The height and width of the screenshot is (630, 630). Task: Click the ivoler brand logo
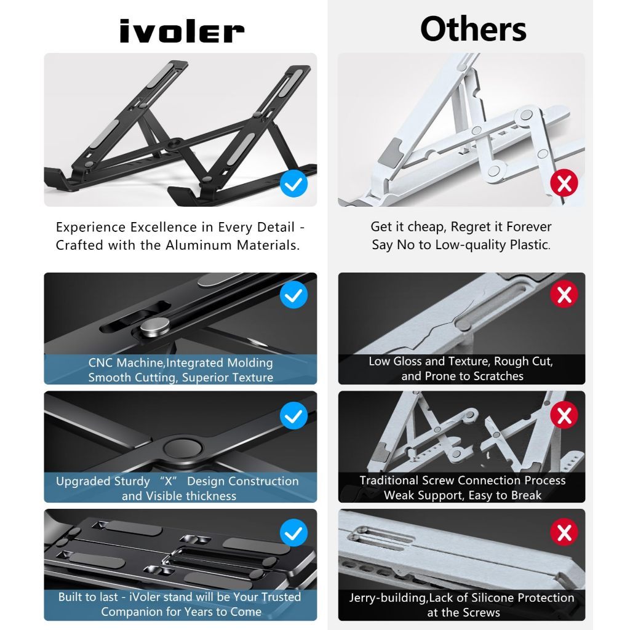181,31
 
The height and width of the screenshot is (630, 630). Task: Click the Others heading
473,29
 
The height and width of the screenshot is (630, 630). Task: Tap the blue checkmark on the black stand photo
293,183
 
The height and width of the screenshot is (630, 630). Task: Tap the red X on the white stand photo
564,183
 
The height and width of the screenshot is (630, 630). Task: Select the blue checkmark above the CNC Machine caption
293,295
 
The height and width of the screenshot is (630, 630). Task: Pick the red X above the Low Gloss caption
564,294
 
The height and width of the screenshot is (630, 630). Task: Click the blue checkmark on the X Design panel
293,415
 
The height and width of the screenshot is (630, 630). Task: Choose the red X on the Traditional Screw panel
564,415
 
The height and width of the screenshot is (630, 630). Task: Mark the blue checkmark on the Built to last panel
293,533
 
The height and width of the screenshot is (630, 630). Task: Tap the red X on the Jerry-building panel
564,532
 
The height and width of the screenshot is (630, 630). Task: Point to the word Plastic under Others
529,245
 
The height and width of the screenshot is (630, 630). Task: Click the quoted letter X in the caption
169,481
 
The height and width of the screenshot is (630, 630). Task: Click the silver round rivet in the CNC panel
154,326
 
